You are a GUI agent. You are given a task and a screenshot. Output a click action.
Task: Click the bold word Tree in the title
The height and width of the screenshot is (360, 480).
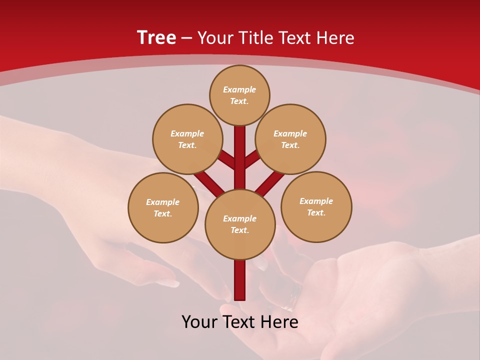156,38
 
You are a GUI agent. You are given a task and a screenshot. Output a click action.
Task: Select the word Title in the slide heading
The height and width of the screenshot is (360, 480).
254,38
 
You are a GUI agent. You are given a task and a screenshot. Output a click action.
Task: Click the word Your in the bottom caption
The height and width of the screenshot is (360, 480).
199,322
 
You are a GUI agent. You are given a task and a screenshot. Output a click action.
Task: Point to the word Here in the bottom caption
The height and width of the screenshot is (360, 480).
280,322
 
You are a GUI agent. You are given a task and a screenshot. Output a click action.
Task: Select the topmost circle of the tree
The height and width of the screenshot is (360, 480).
239,95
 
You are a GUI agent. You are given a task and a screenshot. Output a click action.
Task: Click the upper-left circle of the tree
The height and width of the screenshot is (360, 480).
187,139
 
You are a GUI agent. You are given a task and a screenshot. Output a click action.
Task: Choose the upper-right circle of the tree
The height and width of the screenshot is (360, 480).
290,139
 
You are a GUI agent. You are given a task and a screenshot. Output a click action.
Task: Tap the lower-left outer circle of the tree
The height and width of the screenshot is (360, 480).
163,207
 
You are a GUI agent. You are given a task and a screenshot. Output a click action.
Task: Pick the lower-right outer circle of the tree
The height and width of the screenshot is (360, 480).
316,206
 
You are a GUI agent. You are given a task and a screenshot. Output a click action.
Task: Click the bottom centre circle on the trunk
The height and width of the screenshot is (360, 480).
240,224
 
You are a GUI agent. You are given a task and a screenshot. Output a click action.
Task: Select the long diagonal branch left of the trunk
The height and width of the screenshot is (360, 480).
209,181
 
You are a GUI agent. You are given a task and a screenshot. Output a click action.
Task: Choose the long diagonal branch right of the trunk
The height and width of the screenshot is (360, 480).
270,182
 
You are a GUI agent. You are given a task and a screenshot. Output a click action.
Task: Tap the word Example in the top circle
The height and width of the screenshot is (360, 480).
239,89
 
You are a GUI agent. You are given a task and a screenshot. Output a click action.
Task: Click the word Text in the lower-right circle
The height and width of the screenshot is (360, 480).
316,212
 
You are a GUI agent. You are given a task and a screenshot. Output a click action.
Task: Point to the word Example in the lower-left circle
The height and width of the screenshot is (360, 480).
162,202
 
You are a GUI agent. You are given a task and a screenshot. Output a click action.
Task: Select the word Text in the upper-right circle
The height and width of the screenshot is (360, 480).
290,145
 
